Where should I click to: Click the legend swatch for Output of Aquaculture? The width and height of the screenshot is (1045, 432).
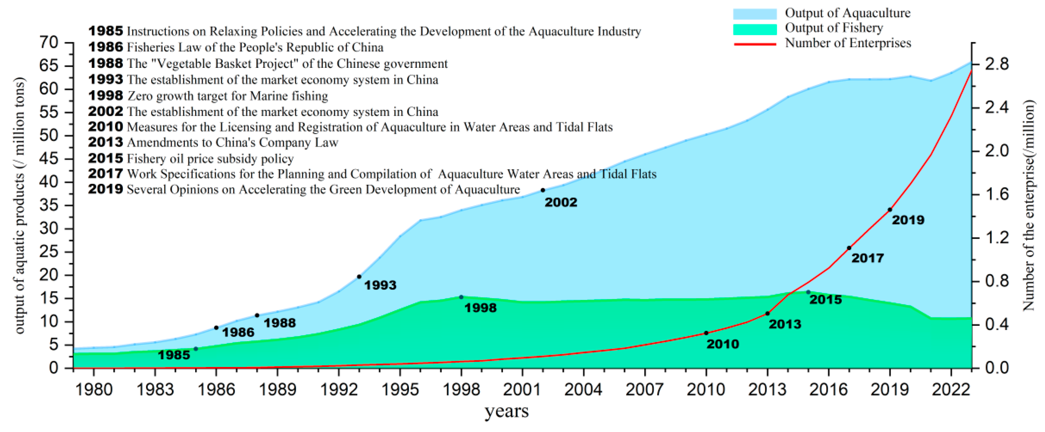tap(755, 14)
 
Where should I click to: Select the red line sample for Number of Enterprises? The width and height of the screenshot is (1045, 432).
tap(755, 43)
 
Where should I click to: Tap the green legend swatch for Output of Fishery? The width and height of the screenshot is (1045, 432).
tap(755, 29)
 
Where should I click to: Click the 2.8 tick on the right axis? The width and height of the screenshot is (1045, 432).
tap(994, 64)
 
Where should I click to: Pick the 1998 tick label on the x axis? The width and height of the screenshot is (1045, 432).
tap(461, 390)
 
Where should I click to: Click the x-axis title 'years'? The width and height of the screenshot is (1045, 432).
tap(507, 411)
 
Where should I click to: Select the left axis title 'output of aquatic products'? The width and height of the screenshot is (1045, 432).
tap(19, 205)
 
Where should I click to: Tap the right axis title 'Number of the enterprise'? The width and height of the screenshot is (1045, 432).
tap(1028, 205)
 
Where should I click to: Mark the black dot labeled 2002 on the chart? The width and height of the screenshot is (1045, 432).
tap(543, 190)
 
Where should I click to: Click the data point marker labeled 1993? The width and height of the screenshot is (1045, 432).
tap(359, 277)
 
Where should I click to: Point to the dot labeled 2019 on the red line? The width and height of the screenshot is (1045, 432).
tap(890, 210)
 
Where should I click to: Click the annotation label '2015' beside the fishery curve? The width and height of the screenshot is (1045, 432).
tap(825, 300)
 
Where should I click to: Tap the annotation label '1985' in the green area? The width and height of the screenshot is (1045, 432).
tap(174, 355)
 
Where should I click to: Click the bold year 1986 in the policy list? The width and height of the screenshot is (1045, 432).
tap(105, 47)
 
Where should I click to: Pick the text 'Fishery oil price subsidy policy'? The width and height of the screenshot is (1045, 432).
tap(210, 159)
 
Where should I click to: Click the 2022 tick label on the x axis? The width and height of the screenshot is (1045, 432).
tap(950, 390)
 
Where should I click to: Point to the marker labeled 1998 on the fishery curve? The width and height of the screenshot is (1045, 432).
tap(461, 297)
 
